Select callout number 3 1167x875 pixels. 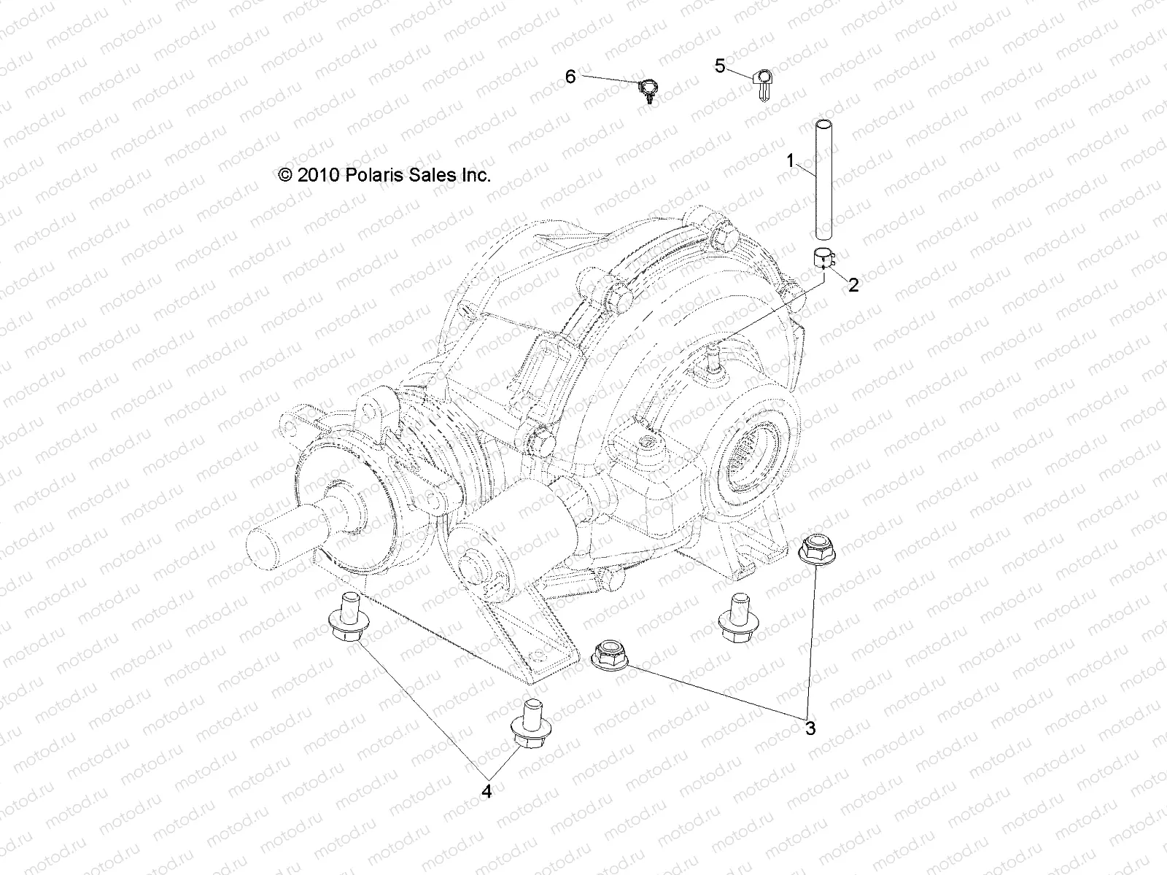(x=810, y=727)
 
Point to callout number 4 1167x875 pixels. (x=486, y=790)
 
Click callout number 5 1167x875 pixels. (x=720, y=67)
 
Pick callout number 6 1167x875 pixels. (x=570, y=77)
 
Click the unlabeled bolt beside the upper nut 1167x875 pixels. (x=735, y=616)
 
